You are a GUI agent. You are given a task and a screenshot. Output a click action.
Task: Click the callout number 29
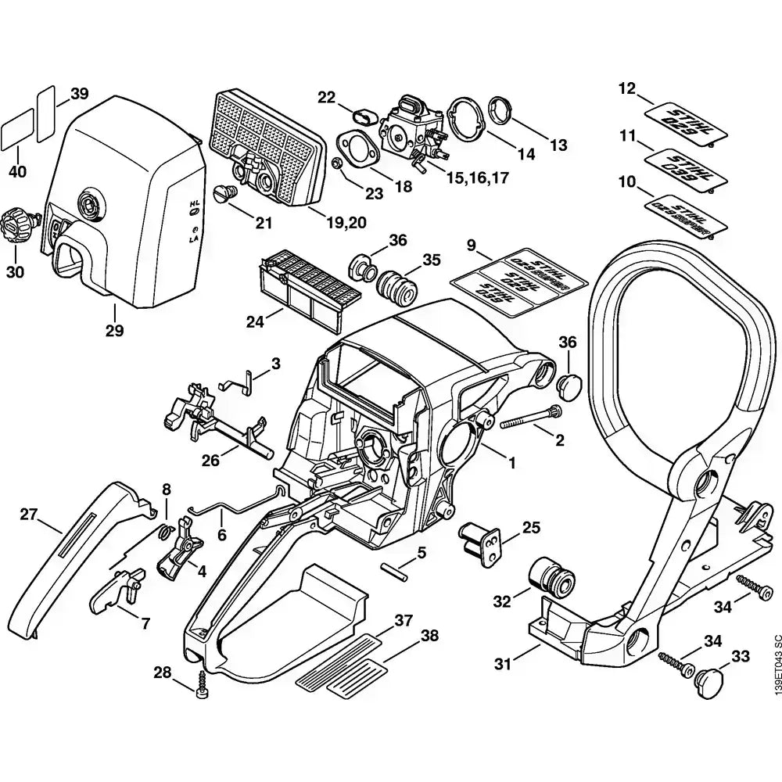114,330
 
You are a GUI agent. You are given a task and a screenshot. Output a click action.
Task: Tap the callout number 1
511,462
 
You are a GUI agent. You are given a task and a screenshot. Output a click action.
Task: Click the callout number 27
29,514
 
